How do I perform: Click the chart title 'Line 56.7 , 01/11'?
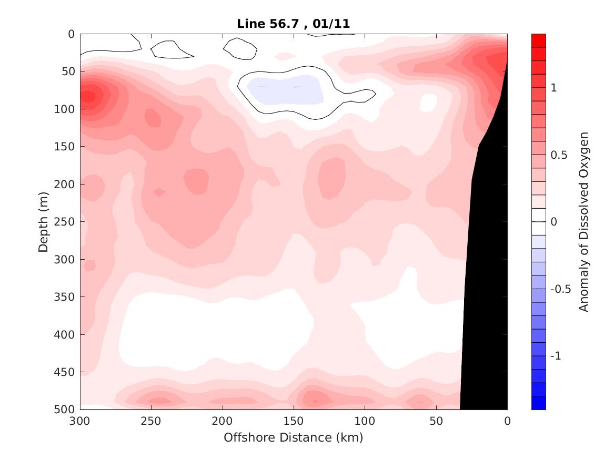click(x=294, y=23)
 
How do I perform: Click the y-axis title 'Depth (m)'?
click(x=44, y=222)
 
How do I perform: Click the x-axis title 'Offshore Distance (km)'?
click(x=294, y=437)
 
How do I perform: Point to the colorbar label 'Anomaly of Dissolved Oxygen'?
click(x=583, y=222)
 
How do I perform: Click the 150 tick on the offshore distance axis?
click(x=294, y=421)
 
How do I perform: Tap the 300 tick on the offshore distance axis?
click(x=80, y=421)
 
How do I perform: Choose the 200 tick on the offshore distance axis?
click(x=223, y=421)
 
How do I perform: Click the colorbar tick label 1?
click(x=553, y=88)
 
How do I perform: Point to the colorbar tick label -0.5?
click(x=560, y=289)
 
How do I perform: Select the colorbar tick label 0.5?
click(x=558, y=155)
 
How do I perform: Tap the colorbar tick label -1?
click(x=556, y=356)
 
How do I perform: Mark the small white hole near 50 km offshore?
click(x=428, y=103)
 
